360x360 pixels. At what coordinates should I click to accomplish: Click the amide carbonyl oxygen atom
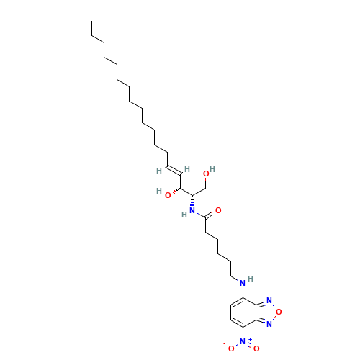pos(218,210)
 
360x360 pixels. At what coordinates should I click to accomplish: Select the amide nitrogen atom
pos(192,210)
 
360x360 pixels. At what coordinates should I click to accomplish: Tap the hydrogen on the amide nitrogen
pos(185,214)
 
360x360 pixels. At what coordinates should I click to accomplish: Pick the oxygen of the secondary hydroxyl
pos(167,194)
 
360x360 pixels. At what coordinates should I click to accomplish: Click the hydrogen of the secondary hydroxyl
pos(158,191)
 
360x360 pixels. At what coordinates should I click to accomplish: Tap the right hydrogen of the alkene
pos(186,169)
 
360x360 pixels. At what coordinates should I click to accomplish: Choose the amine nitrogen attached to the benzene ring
pos(243,282)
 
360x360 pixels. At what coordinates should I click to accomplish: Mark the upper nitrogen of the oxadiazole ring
pos(268,300)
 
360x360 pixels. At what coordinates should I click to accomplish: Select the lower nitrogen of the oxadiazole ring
pos(268,323)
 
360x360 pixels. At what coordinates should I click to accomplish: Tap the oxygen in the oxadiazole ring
pos(279,312)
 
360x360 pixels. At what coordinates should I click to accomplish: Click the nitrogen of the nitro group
pos(243,341)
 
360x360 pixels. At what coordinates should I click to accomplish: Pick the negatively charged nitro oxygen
pos(231,348)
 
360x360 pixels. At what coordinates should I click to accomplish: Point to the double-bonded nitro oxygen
pos(255,348)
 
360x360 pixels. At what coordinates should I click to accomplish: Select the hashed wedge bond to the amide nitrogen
pos(192,201)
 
